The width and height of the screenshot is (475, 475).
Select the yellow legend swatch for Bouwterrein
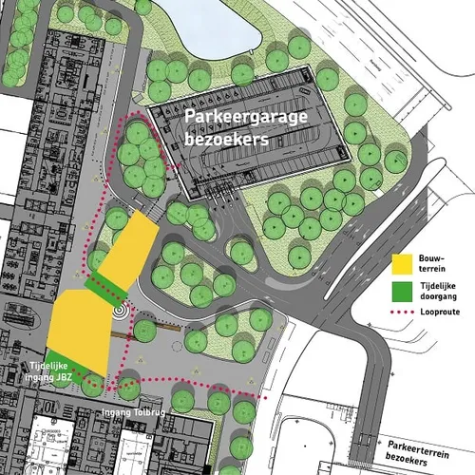401,262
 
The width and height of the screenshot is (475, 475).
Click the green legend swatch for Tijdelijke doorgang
401,290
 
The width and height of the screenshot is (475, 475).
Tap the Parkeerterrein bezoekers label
426,452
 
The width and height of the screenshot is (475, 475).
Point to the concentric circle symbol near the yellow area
119,310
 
